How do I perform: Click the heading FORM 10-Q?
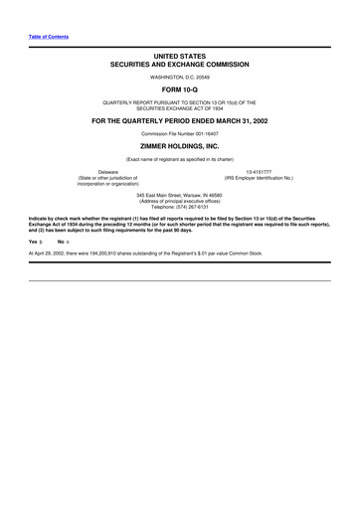click(x=180, y=87)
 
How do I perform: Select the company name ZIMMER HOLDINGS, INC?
click(x=180, y=144)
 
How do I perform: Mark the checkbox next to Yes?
click(x=40, y=241)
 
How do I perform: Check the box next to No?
click(x=66, y=241)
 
